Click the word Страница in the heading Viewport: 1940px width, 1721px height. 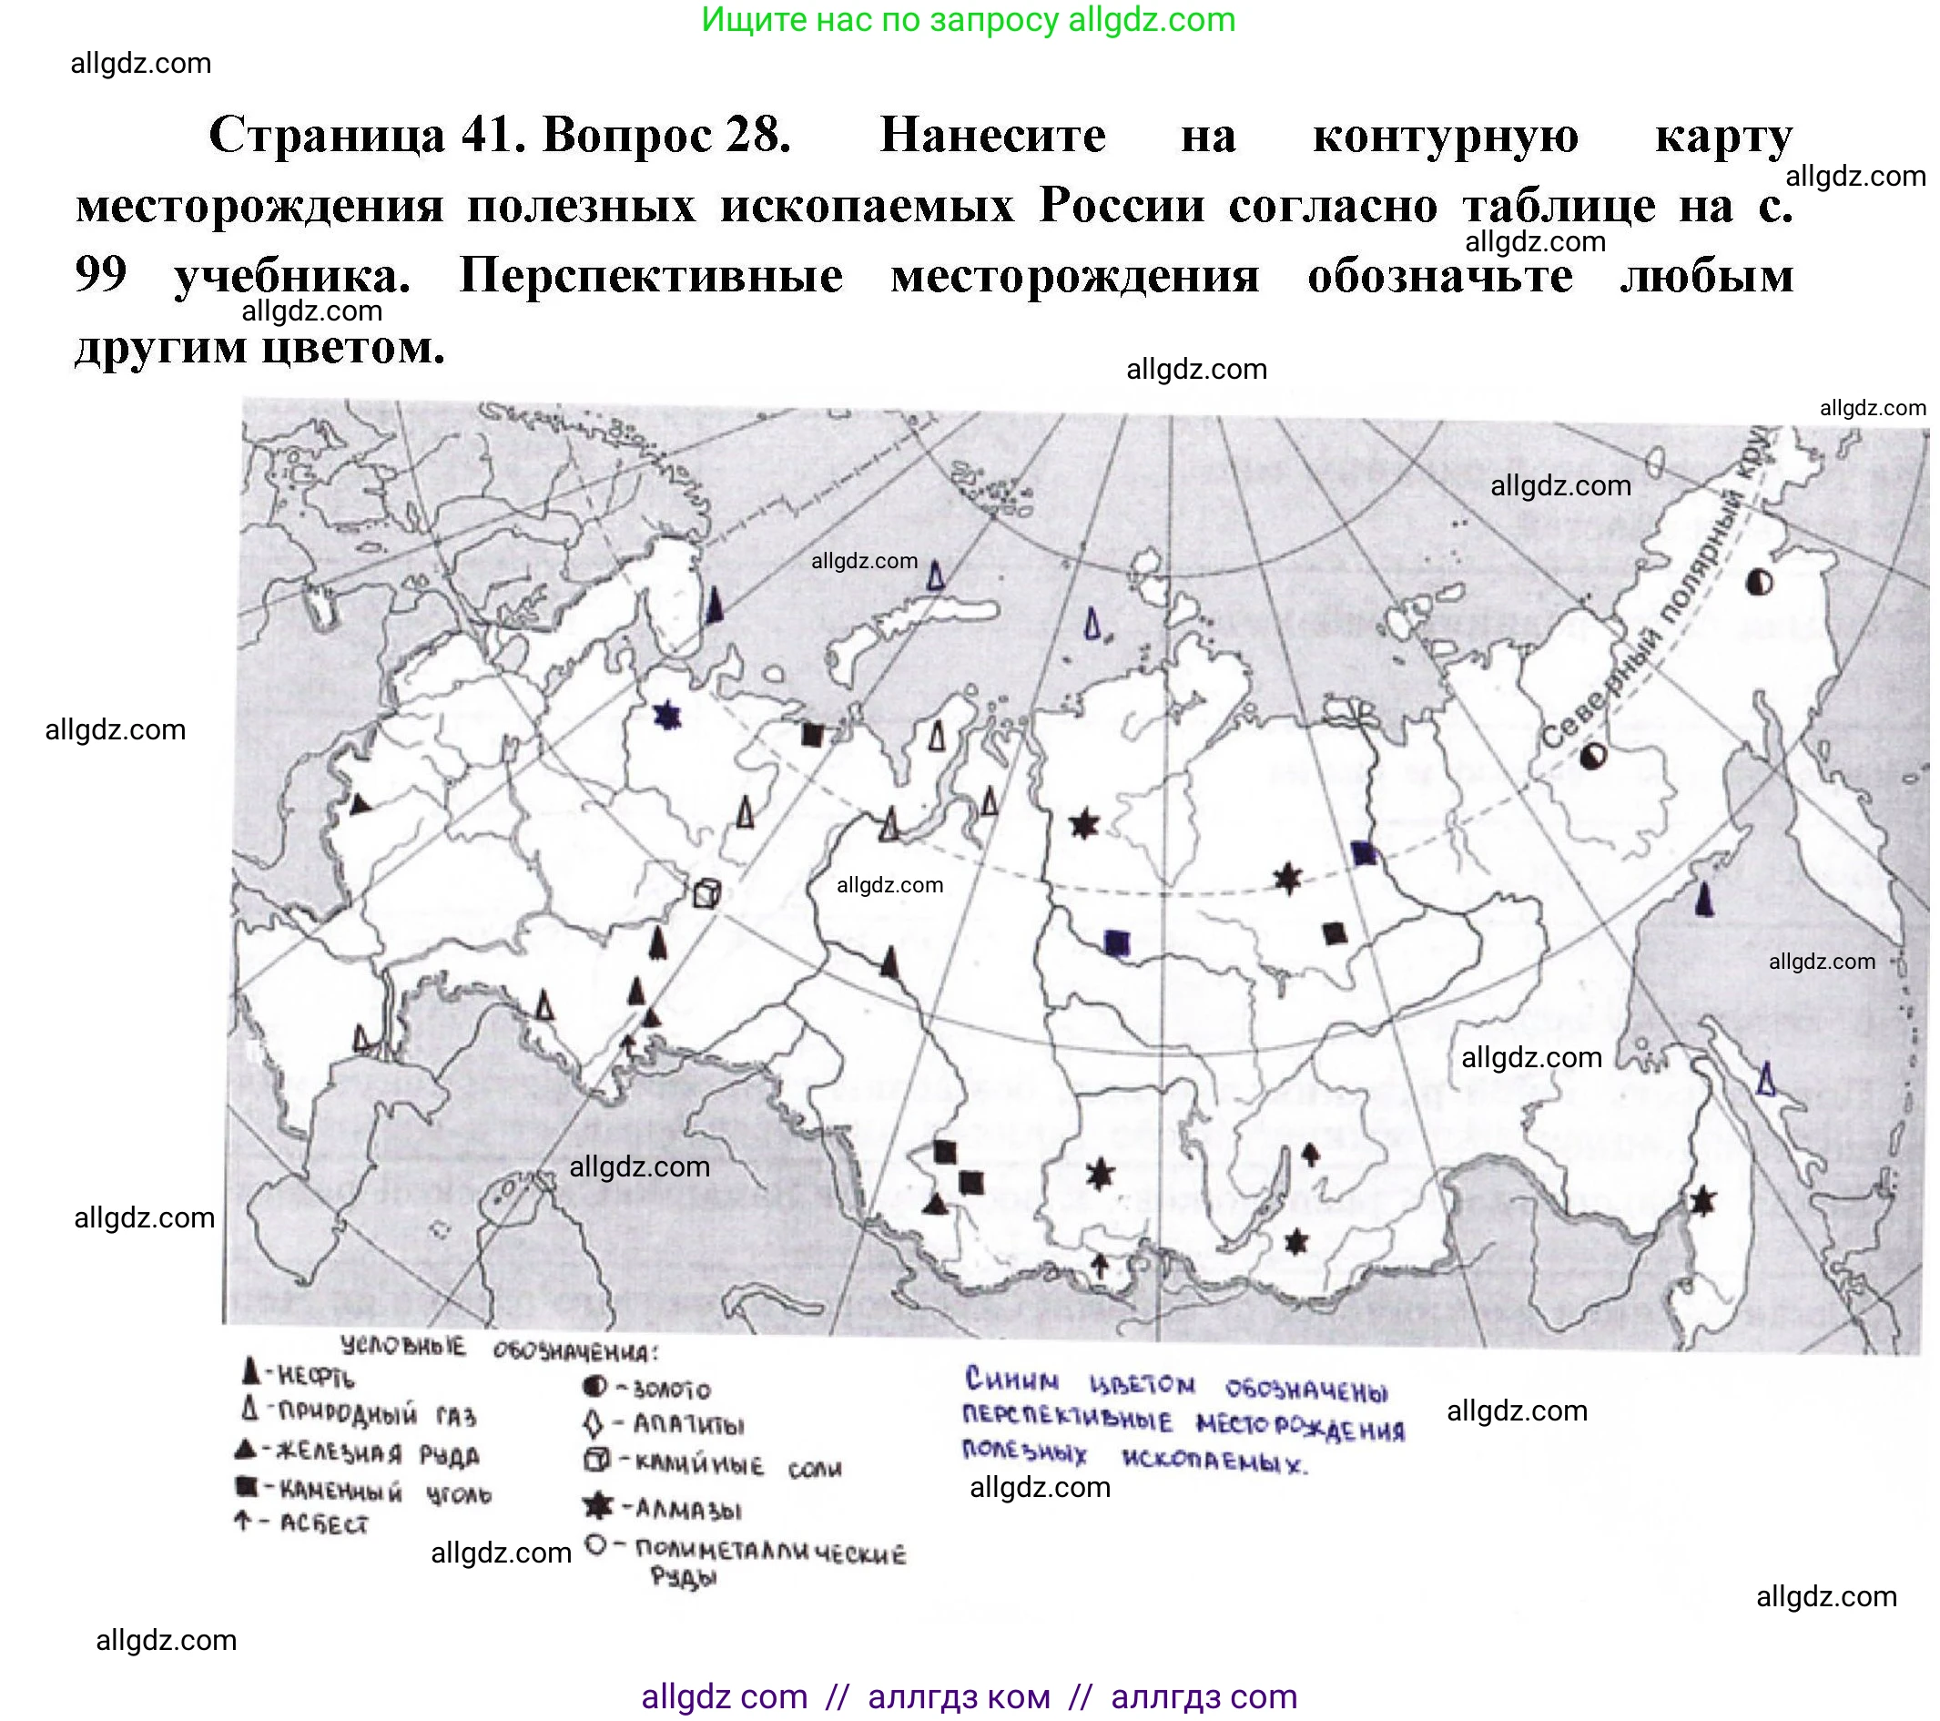point(327,135)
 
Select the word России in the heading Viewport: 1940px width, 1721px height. point(1121,205)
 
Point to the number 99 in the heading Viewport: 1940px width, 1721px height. point(101,275)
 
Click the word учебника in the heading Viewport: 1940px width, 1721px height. point(292,277)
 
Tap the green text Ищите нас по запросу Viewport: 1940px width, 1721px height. point(879,19)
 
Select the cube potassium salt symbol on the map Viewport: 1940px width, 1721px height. point(706,893)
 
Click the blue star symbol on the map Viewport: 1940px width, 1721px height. point(667,716)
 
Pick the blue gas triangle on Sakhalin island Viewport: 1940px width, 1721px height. point(1765,1078)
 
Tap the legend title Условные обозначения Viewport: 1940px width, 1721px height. point(497,1348)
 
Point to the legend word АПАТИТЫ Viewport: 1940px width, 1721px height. point(688,1426)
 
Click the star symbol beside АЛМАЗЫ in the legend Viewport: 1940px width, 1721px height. point(597,1505)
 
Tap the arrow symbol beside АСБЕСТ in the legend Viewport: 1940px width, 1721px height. point(243,1522)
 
